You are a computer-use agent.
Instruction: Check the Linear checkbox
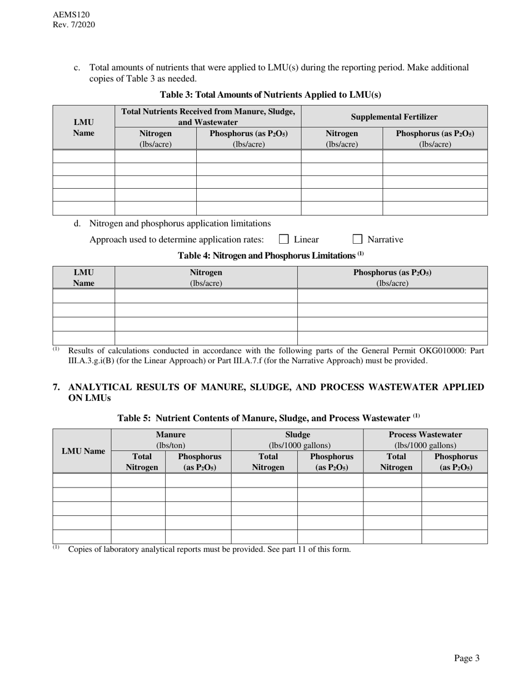[x=283, y=239]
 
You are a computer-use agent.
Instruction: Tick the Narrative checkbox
[x=357, y=239]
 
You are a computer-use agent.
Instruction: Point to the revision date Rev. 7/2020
[x=74, y=24]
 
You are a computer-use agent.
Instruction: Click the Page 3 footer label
[x=466, y=658]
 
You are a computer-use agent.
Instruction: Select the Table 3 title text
[x=270, y=94]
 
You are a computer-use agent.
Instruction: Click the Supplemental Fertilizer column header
[x=394, y=117]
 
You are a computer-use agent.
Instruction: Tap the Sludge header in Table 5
[x=297, y=434]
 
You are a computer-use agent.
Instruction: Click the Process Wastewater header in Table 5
[x=425, y=434]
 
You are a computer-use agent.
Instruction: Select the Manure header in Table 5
[x=171, y=434]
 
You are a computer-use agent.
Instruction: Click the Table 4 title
[x=270, y=255]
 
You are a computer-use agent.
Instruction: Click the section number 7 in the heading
[x=57, y=387]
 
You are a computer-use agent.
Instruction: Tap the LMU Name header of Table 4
[x=83, y=277]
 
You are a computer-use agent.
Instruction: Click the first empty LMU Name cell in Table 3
[x=83, y=156]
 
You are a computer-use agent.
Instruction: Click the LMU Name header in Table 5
[x=83, y=451]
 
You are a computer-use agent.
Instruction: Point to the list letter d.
[x=77, y=223]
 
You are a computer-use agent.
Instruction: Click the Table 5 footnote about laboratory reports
[x=209, y=549]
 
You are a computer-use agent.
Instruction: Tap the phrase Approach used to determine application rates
[x=176, y=239]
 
